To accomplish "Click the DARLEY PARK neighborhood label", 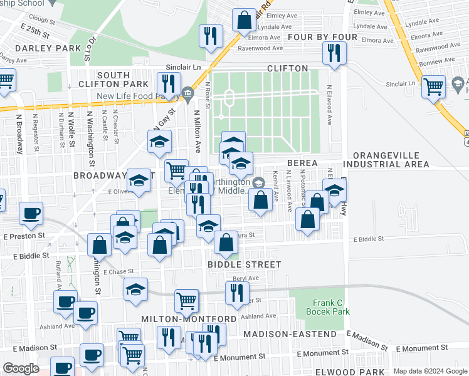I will [x=41, y=48].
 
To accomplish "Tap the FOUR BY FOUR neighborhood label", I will [x=322, y=38].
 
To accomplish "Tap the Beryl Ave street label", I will [x=246, y=278].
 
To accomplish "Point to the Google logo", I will [x=21, y=368].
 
